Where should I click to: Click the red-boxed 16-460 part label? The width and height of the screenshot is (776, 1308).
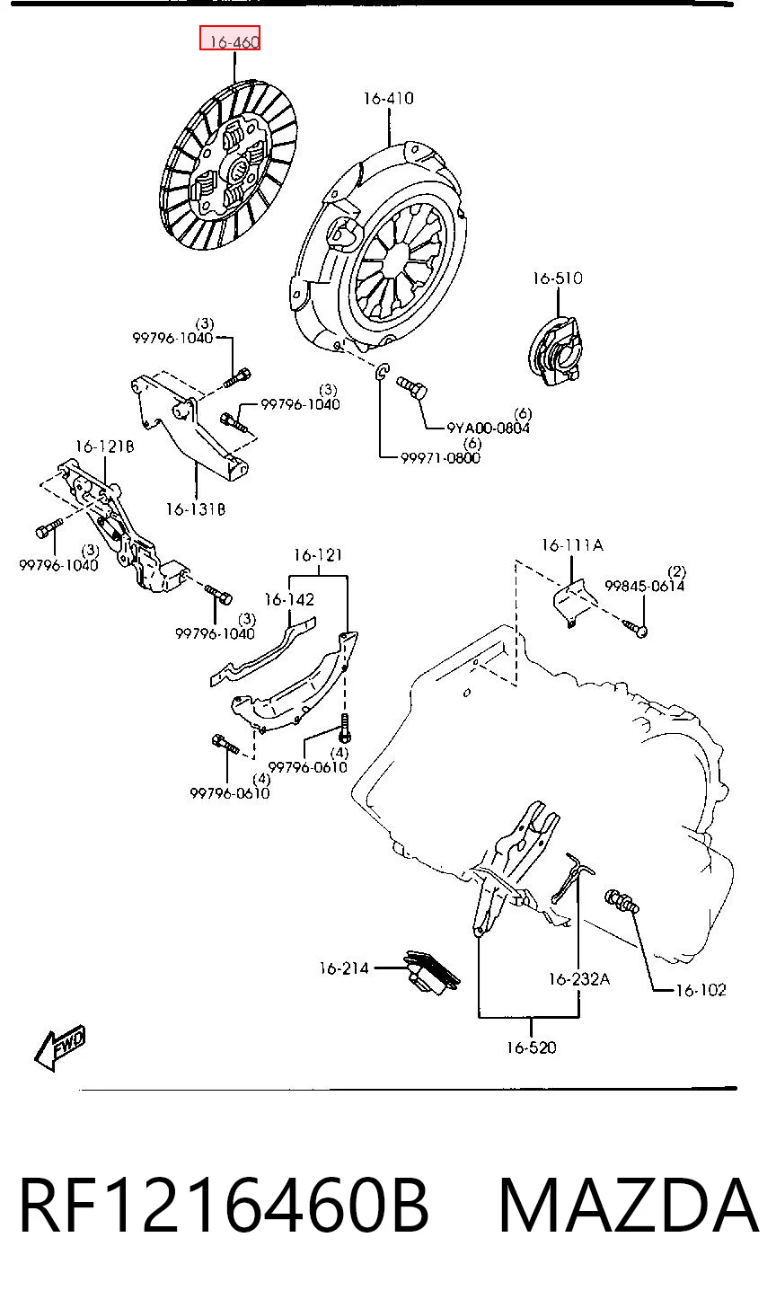click(x=229, y=39)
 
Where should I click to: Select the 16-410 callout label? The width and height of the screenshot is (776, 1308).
click(x=388, y=98)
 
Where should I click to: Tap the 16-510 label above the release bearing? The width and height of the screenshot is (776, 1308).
click(x=557, y=278)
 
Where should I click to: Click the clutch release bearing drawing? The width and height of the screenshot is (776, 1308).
click(x=555, y=351)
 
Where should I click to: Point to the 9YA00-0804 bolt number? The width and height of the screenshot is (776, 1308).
click(x=488, y=428)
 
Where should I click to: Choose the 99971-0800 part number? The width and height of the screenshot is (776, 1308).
click(x=440, y=458)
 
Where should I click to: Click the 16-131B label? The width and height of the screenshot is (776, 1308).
click(x=196, y=509)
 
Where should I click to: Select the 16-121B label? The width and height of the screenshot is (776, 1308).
click(x=104, y=446)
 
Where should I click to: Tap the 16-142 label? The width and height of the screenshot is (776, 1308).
click(x=289, y=599)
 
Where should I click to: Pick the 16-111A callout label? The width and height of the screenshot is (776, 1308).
click(x=572, y=544)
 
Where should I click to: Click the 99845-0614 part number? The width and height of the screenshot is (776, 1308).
click(x=645, y=586)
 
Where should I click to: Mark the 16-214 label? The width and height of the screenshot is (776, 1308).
click(x=344, y=968)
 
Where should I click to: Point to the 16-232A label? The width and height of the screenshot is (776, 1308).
click(x=579, y=978)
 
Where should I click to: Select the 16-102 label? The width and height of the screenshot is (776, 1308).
click(x=701, y=990)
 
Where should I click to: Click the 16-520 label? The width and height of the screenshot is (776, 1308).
click(x=532, y=1047)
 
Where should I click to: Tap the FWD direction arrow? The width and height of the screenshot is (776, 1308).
click(x=60, y=1048)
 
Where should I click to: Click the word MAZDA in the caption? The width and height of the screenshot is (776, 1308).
click(x=629, y=1205)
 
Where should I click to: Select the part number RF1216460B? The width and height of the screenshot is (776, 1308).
click(x=225, y=1205)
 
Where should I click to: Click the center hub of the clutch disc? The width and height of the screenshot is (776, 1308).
click(x=238, y=170)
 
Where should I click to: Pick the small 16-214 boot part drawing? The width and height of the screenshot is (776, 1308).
click(x=431, y=972)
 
